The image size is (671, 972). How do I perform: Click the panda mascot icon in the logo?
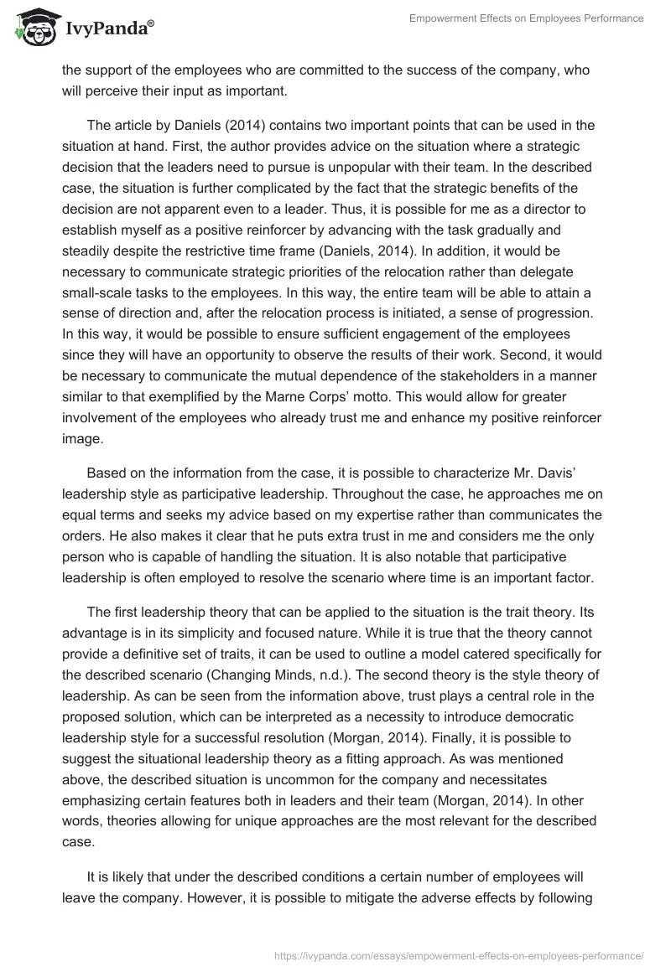tap(32, 28)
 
